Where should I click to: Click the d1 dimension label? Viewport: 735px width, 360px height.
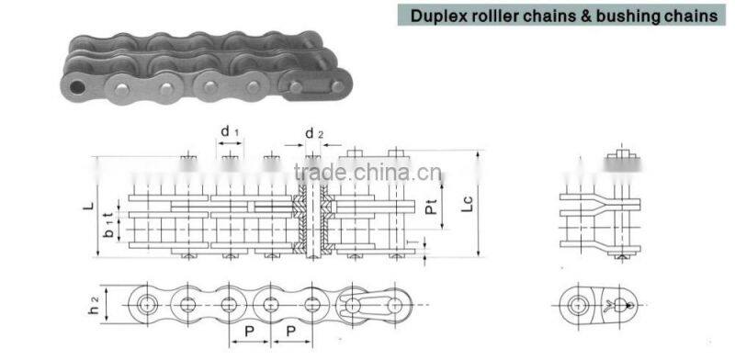tap(230, 132)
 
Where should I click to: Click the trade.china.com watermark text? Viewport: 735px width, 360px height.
tap(367, 174)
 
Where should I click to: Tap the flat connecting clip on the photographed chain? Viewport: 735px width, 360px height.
tap(311, 90)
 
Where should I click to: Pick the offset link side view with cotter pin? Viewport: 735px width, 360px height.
tap(602, 303)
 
